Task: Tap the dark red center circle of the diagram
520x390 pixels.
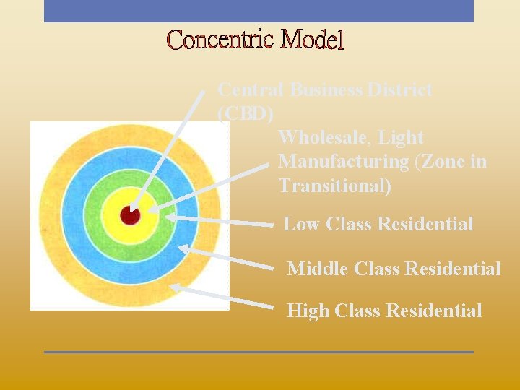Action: (129, 215)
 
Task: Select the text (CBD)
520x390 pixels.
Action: (246, 114)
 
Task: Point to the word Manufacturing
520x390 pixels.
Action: (344, 161)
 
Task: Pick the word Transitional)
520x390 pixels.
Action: (335, 186)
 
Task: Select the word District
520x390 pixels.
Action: (400, 90)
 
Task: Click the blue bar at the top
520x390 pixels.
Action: (259, 11)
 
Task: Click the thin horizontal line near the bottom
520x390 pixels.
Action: (259, 352)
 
